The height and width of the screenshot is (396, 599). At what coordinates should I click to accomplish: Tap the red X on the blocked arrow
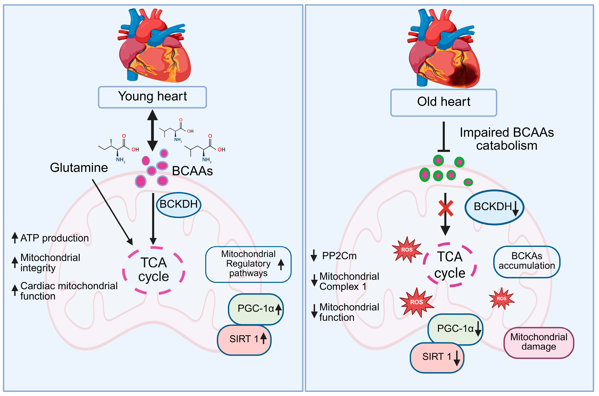tap(445, 208)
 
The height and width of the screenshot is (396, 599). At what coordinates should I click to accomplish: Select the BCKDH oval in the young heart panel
tap(179, 205)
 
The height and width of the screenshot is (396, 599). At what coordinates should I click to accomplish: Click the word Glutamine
tap(79, 168)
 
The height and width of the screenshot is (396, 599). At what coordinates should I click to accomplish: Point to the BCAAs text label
tap(192, 171)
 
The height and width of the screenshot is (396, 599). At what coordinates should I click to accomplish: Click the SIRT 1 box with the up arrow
tap(244, 339)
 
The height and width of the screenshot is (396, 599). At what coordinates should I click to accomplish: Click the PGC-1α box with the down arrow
tap(455, 329)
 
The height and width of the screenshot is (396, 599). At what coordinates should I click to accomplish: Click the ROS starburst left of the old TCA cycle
tap(407, 250)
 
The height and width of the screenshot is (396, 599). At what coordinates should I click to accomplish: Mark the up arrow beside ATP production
tap(15, 237)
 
